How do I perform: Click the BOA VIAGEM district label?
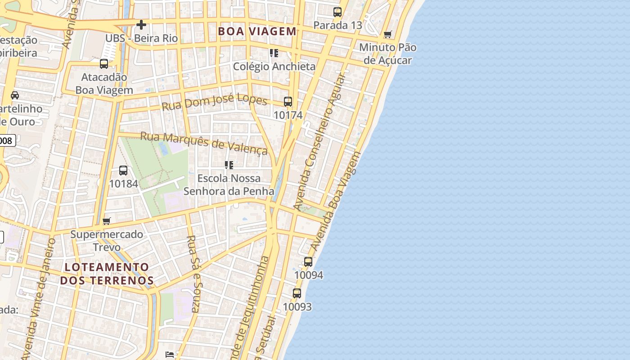pyautogui.click(x=257, y=31)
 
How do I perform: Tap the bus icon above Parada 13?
pyautogui.click(x=337, y=12)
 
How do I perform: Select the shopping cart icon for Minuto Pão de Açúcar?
pyautogui.click(x=388, y=34)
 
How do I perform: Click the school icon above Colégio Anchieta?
pyautogui.click(x=274, y=53)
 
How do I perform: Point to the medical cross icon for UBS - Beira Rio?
pyautogui.click(x=141, y=25)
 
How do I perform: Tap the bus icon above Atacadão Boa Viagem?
pyautogui.click(x=104, y=64)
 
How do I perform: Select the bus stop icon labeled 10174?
pyautogui.click(x=288, y=102)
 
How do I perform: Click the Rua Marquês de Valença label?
pyautogui.click(x=204, y=143)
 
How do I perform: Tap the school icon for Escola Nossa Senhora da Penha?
pyautogui.click(x=229, y=165)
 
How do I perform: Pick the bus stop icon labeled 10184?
pyautogui.click(x=123, y=171)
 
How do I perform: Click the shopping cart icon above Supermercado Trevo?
pyautogui.click(x=107, y=221)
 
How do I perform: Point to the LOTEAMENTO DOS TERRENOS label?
pyautogui.click(x=107, y=274)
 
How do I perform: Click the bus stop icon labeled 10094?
pyautogui.click(x=308, y=261)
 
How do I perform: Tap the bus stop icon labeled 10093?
pyautogui.click(x=297, y=293)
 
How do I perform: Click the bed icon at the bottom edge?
pyautogui.click(x=170, y=355)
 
